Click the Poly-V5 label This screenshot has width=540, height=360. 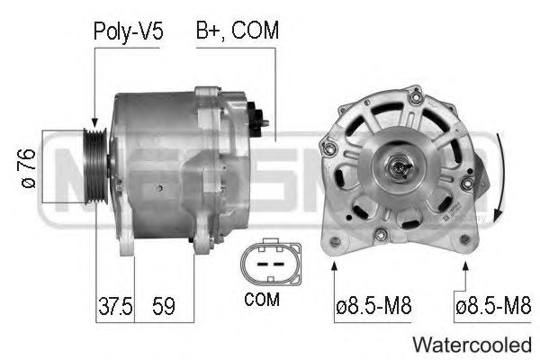128,31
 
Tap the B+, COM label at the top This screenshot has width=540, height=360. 238,31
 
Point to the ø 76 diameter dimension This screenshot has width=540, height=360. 29,168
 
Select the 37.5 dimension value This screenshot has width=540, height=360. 115,306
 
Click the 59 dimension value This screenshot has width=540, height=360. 164,306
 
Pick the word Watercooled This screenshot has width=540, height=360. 472,345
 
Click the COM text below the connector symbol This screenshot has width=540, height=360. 262,300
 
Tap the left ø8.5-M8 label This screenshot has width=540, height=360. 373,306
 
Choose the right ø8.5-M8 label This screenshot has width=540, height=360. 493,306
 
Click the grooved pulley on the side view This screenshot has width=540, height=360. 96,166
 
